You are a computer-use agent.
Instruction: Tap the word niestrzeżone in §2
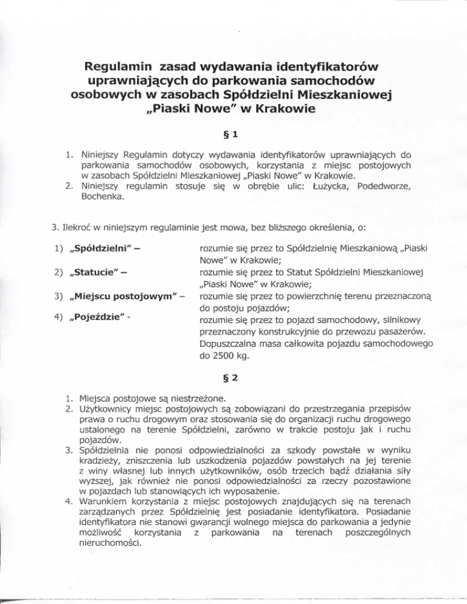click(x=181, y=399)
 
